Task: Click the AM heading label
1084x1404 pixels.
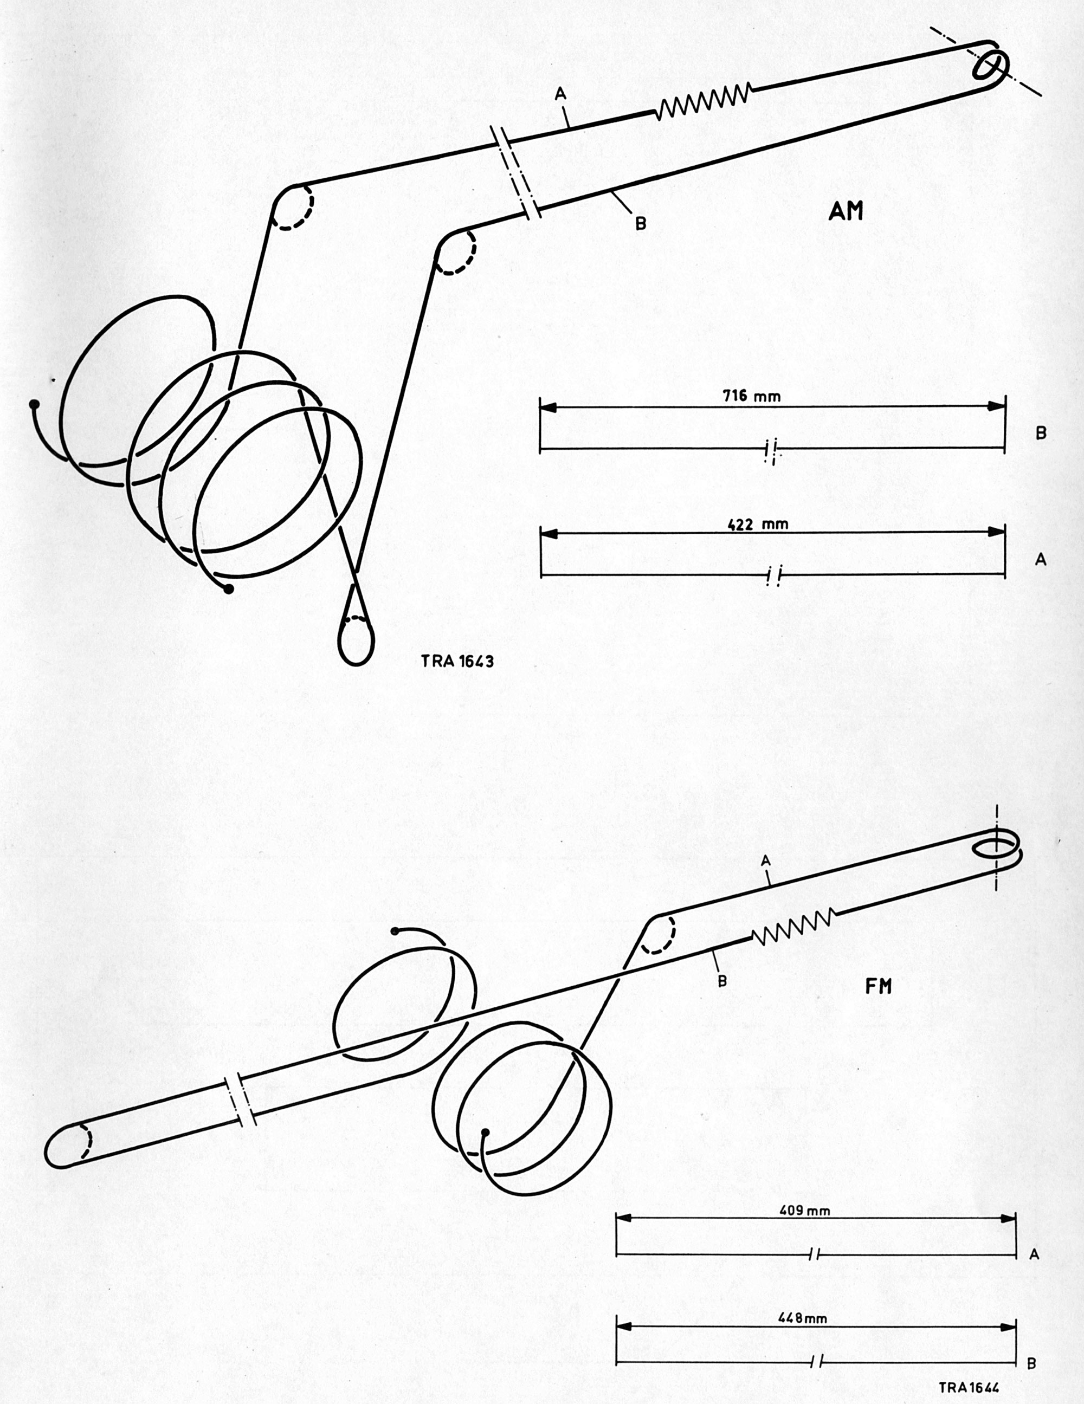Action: (846, 211)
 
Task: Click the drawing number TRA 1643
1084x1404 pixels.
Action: (458, 661)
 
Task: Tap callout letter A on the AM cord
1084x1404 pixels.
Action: (560, 94)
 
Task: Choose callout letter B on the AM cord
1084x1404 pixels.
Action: (640, 224)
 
